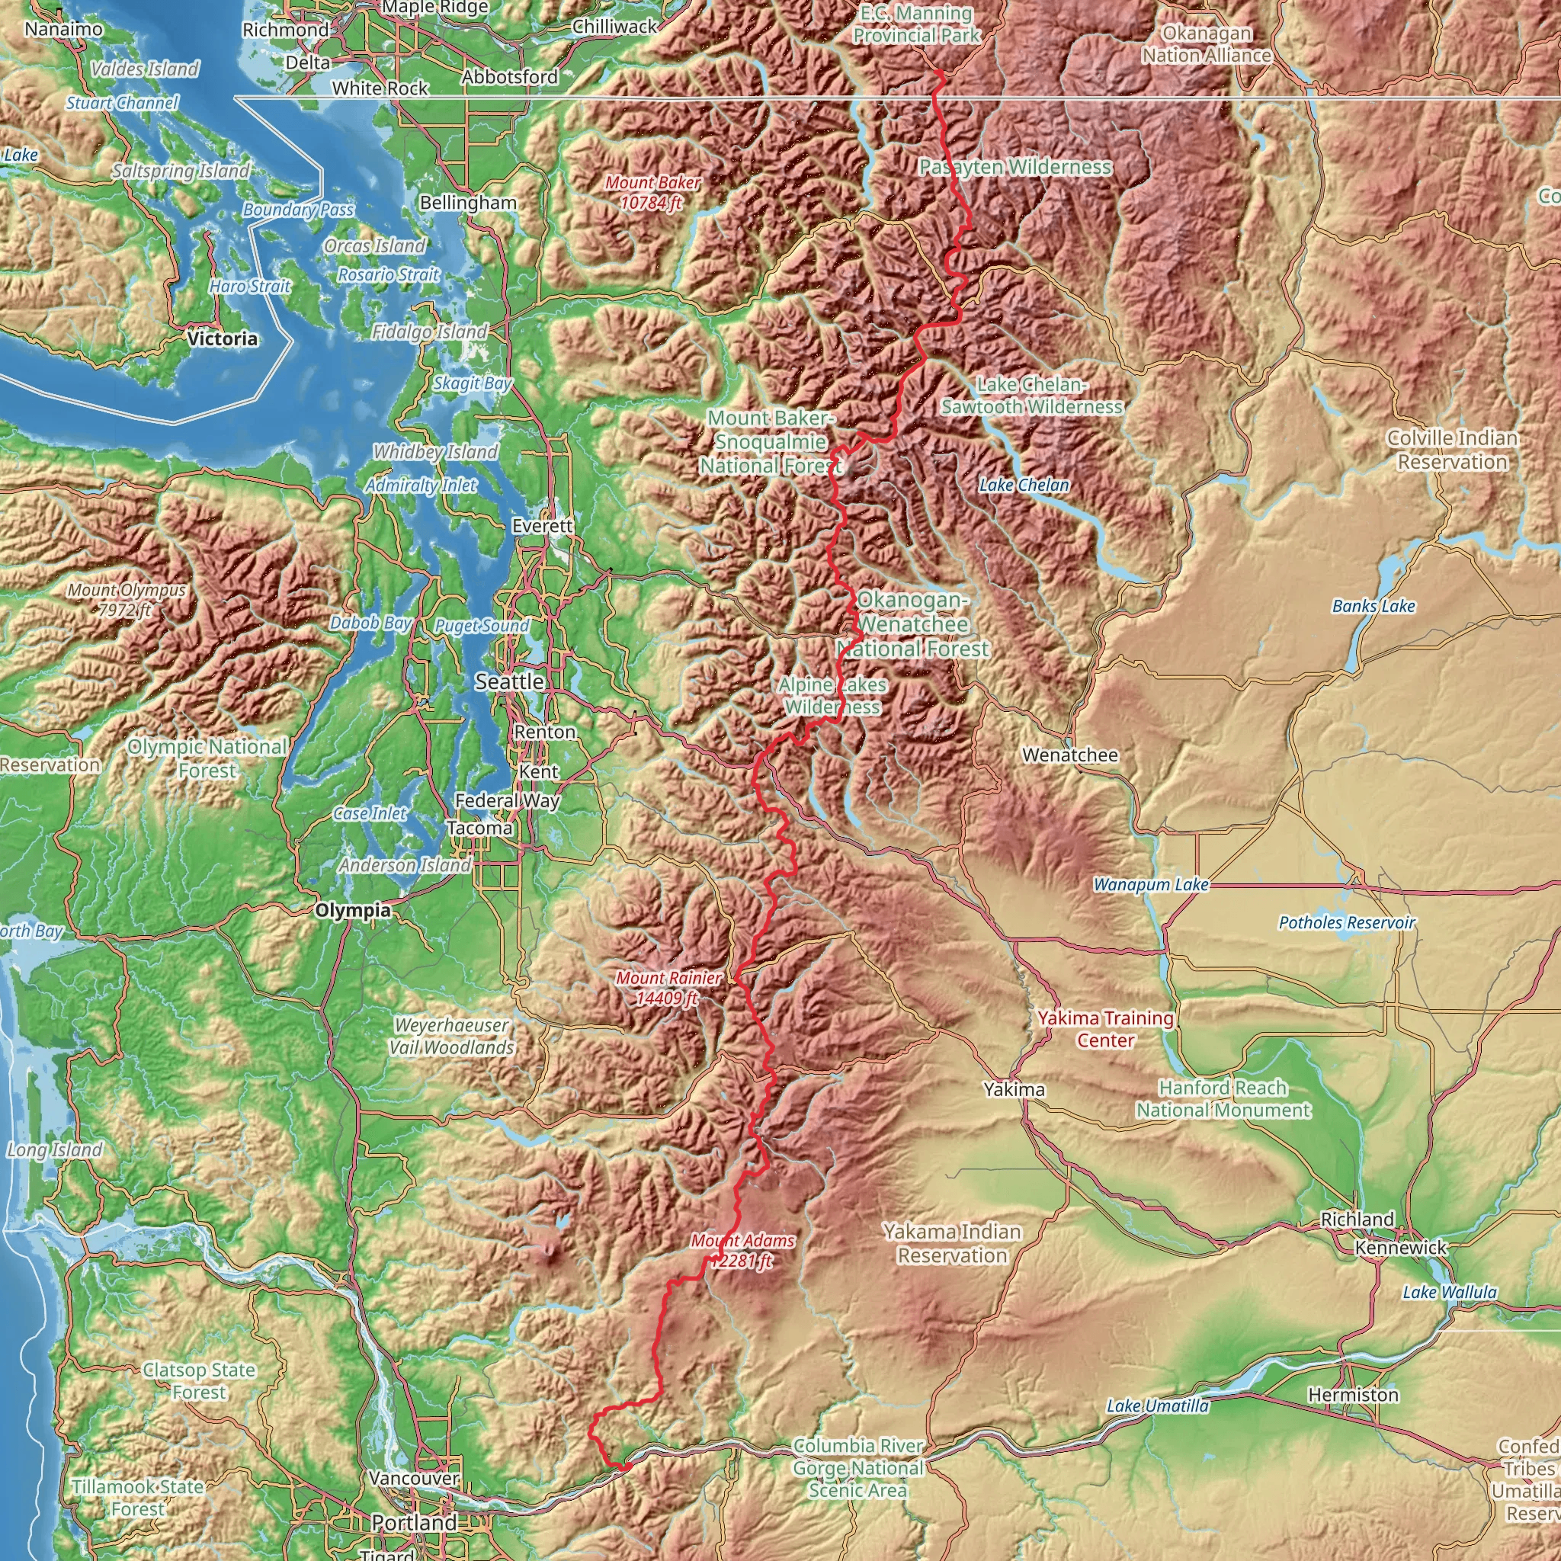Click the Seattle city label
(509, 682)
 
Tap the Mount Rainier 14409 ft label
(668, 988)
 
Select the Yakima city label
(1014, 1089)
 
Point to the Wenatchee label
(1069, 755)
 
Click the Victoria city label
(223, 338)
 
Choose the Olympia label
(352, 911)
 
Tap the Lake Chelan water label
(1024, 485)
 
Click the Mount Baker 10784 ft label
(652, 192)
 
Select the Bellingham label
(468, 202)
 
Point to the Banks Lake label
(1373, 606)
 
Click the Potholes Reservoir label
(1347, 923)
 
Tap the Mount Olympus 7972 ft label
(126, 600)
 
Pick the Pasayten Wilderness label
(1015, 167)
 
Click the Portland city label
(414, 1522)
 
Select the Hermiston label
(1354, 1395)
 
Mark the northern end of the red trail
(940, 72)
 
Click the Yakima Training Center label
(1105, 1028)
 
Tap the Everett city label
(542, 526)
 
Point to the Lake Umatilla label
(1158, 1406)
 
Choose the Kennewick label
(1401, 1248)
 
